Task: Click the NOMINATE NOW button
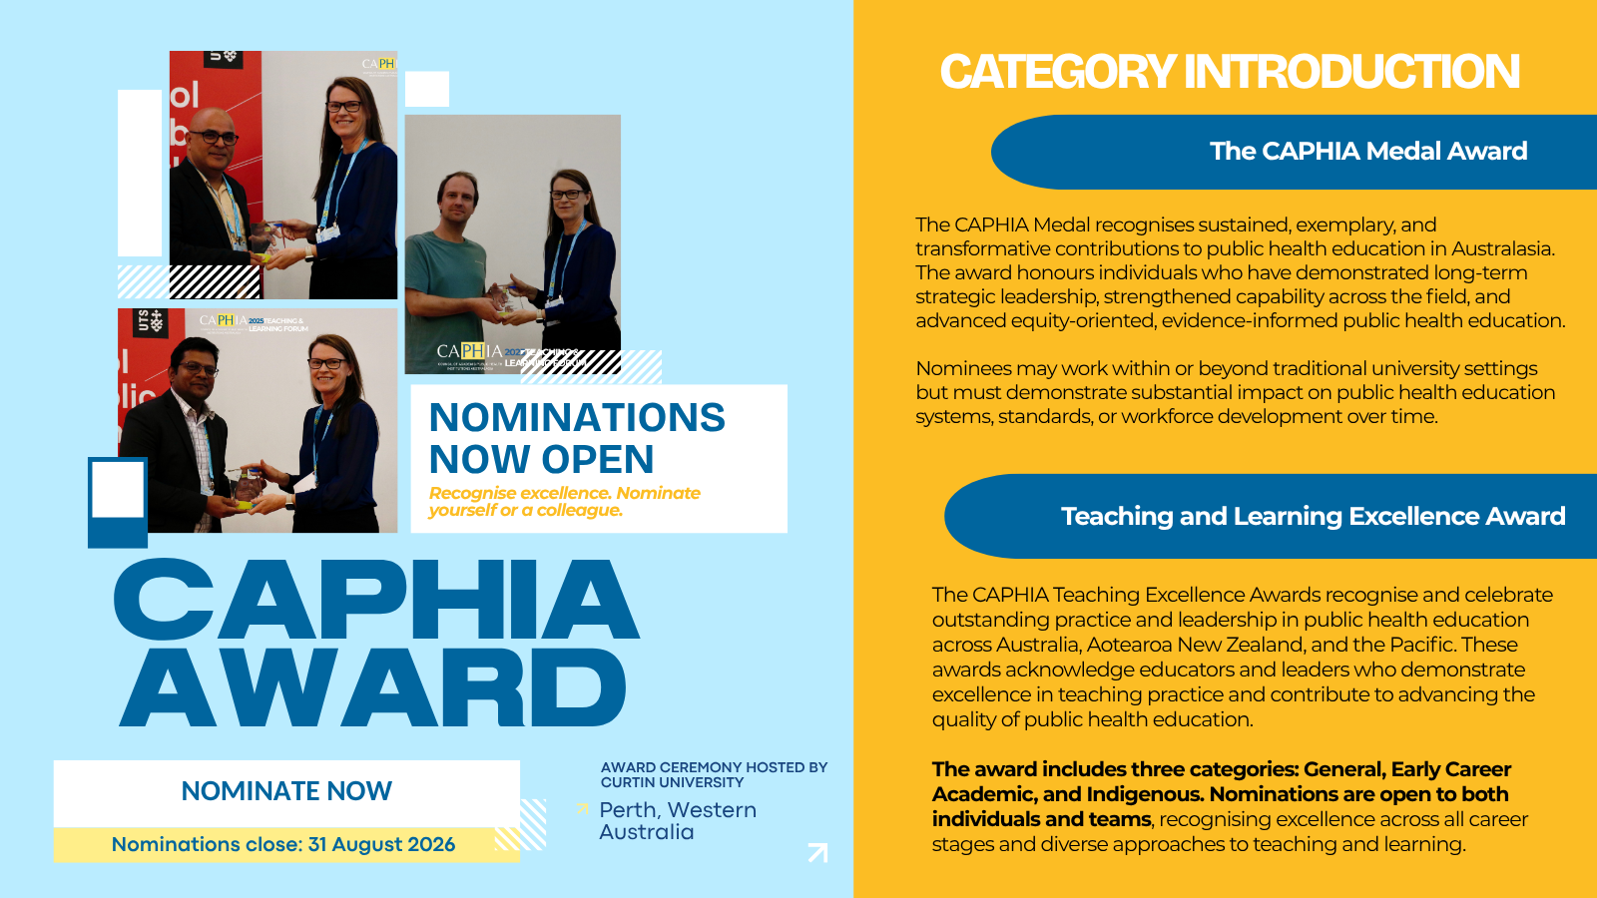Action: click(x=286, y=792)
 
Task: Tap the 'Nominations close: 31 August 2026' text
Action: click(x=283, y=844)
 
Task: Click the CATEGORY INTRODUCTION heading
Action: click(x=1230, y=72)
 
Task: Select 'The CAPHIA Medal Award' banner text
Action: click(x=1368, y=151)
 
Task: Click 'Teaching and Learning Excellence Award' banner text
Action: click(x=1314, y=516)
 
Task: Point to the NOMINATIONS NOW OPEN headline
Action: click(x=577, y=438)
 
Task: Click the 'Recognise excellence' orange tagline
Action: click(x=565, y=502)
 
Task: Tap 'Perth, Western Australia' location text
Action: click(x=678, y=821)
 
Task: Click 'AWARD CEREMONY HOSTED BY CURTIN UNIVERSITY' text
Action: click(x=714, y=774)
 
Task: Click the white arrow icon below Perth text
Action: click(x=817, y=852)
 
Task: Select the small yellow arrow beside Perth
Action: click(x=583, y=809)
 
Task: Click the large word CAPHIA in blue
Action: click(x=375, y=599)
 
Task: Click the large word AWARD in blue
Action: click(x=373, y=687)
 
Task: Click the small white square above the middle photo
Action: click(x=427, y=89)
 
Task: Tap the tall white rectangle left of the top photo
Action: click(x=140, y=173)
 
